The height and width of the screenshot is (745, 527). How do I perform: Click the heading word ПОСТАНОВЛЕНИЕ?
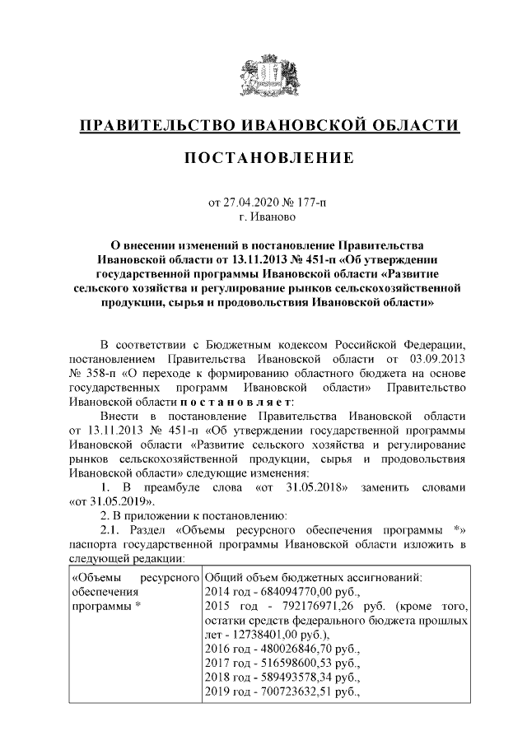(x=269, y=157)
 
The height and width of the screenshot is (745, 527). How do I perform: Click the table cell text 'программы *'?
(x=103, y=606)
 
